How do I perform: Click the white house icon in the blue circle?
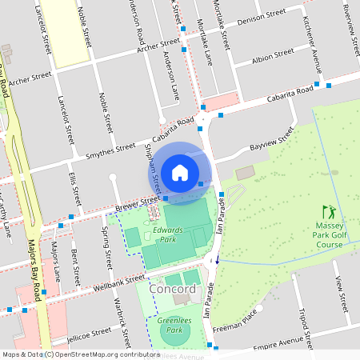click(180, 172)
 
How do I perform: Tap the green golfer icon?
click(328, 213)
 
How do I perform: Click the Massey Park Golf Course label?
click(328, 235)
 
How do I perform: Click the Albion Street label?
click(273, 57)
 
